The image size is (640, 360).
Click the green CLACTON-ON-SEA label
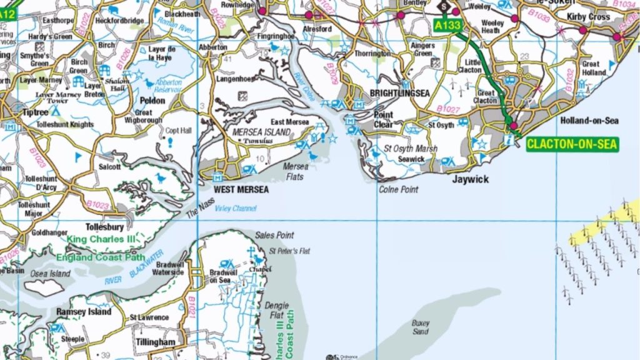pos(572,144)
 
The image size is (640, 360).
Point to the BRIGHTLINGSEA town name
pos(400,93)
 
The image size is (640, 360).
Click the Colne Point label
pos(399,189)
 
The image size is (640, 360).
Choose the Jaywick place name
pos(471,179)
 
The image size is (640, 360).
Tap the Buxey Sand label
pos(421,327)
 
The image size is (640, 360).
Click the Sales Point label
pos(274,235)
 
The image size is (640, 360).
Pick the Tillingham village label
pos(156,342)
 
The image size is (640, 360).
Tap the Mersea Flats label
pos(297,171)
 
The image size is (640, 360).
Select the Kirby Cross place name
pos(587,17)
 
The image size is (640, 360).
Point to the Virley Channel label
pos(236,208)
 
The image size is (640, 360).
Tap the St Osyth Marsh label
pos(411,149)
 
